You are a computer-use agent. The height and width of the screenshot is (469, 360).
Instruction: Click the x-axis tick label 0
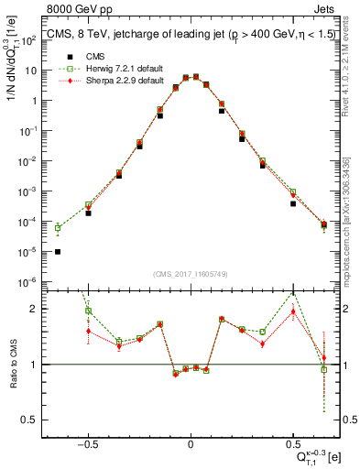point(191,442)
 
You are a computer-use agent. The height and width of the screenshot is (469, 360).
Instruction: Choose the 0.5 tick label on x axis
point(292,442)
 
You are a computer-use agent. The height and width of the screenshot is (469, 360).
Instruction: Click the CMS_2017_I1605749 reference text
point(190,274)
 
